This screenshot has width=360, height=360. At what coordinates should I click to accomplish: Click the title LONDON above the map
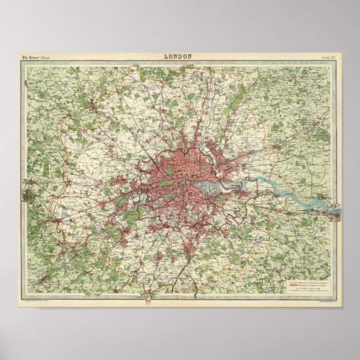[178, 56]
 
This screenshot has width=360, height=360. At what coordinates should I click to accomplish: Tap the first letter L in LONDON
[165, 56]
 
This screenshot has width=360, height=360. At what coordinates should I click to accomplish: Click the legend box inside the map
[308, 286]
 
